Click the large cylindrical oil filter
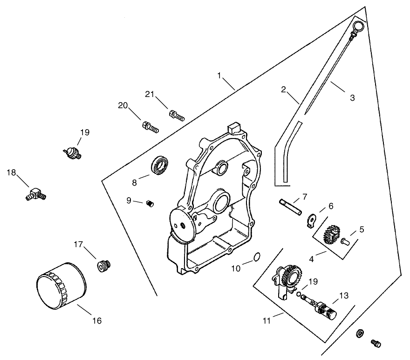61,287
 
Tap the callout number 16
96,321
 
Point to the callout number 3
352,98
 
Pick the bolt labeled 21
177,115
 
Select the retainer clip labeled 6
313,219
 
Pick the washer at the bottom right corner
360,333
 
